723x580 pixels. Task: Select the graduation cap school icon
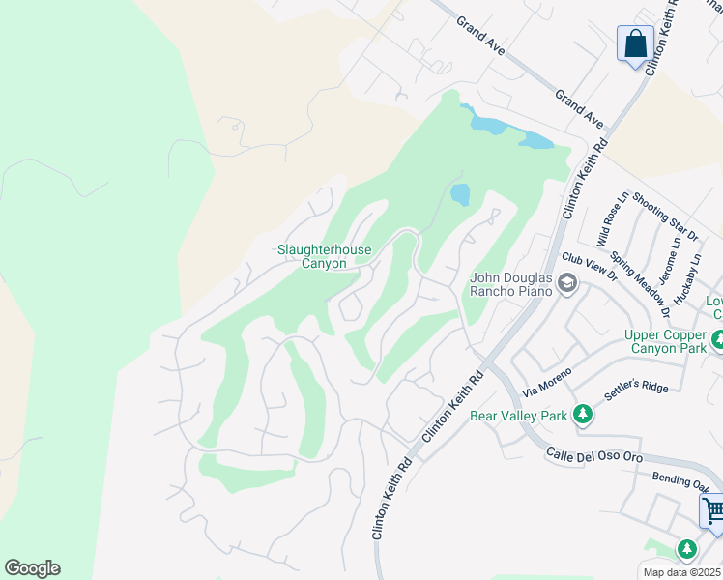pos(566,284)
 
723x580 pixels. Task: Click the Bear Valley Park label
pos(516,416)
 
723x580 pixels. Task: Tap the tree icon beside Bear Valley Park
pos(582,415)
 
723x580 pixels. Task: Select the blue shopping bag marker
pos(635,43)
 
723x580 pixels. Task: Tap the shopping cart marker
pos(713,510)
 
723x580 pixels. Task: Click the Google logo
pos(32,568)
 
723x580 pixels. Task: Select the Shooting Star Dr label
pos(666,221)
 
